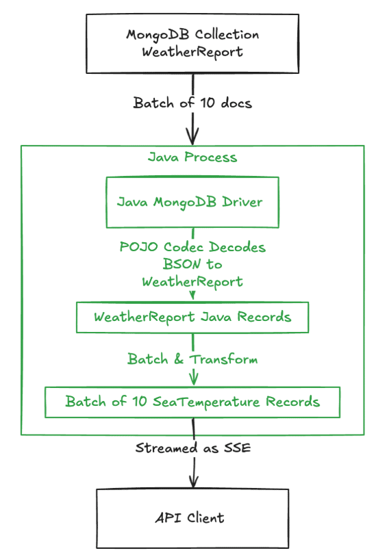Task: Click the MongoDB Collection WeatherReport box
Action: pyautogui.click(x=192, y=44)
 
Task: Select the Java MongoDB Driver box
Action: pyautogui.click(x=192, y=202)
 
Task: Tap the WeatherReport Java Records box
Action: pyautogui.click(x=192, y=317)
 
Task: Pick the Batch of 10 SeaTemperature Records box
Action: pyautogui.click(x=192, y=402)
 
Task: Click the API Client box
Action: pyautogui.click(x=192, y=519)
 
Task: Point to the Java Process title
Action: pyautogui.click(x=192, y=157)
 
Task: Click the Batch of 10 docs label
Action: pyautogui.click(x=192, y=103)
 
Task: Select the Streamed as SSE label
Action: pyautogui.click(x=193, y=448)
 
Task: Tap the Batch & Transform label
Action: pyautogui.click(x=192, y=359)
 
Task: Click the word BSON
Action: pyautogui.click(x=182, y=264)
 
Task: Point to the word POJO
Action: pyautogui.click(x=138, y=247)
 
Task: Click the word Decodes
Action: pyautogui.click(x=237, y=247)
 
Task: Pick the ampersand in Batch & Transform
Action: pyautogui.click(x=179, y=359)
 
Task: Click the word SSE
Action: pyautogui.click(x=238, y=448)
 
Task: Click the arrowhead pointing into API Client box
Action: pyautogui.click(x=193, y=481)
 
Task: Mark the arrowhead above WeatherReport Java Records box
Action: pyautogui.click(x=192, y=295)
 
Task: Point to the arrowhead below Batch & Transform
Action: pyautogui.click(x=193, y=378)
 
